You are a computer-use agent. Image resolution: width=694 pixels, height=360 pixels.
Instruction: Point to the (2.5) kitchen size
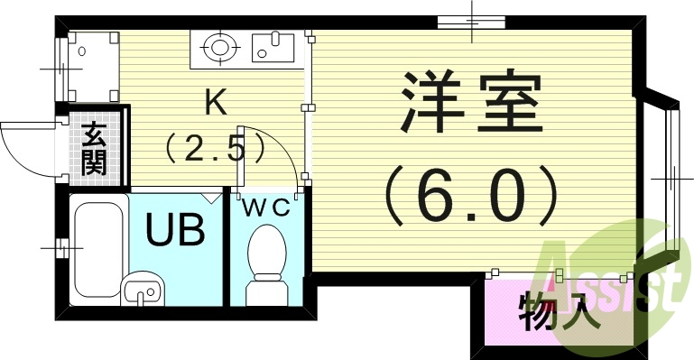point(214,146)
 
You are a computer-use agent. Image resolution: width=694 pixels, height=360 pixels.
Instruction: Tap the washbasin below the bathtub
point(142,290)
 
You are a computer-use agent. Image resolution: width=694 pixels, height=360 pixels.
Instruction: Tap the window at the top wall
point(471,21)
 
